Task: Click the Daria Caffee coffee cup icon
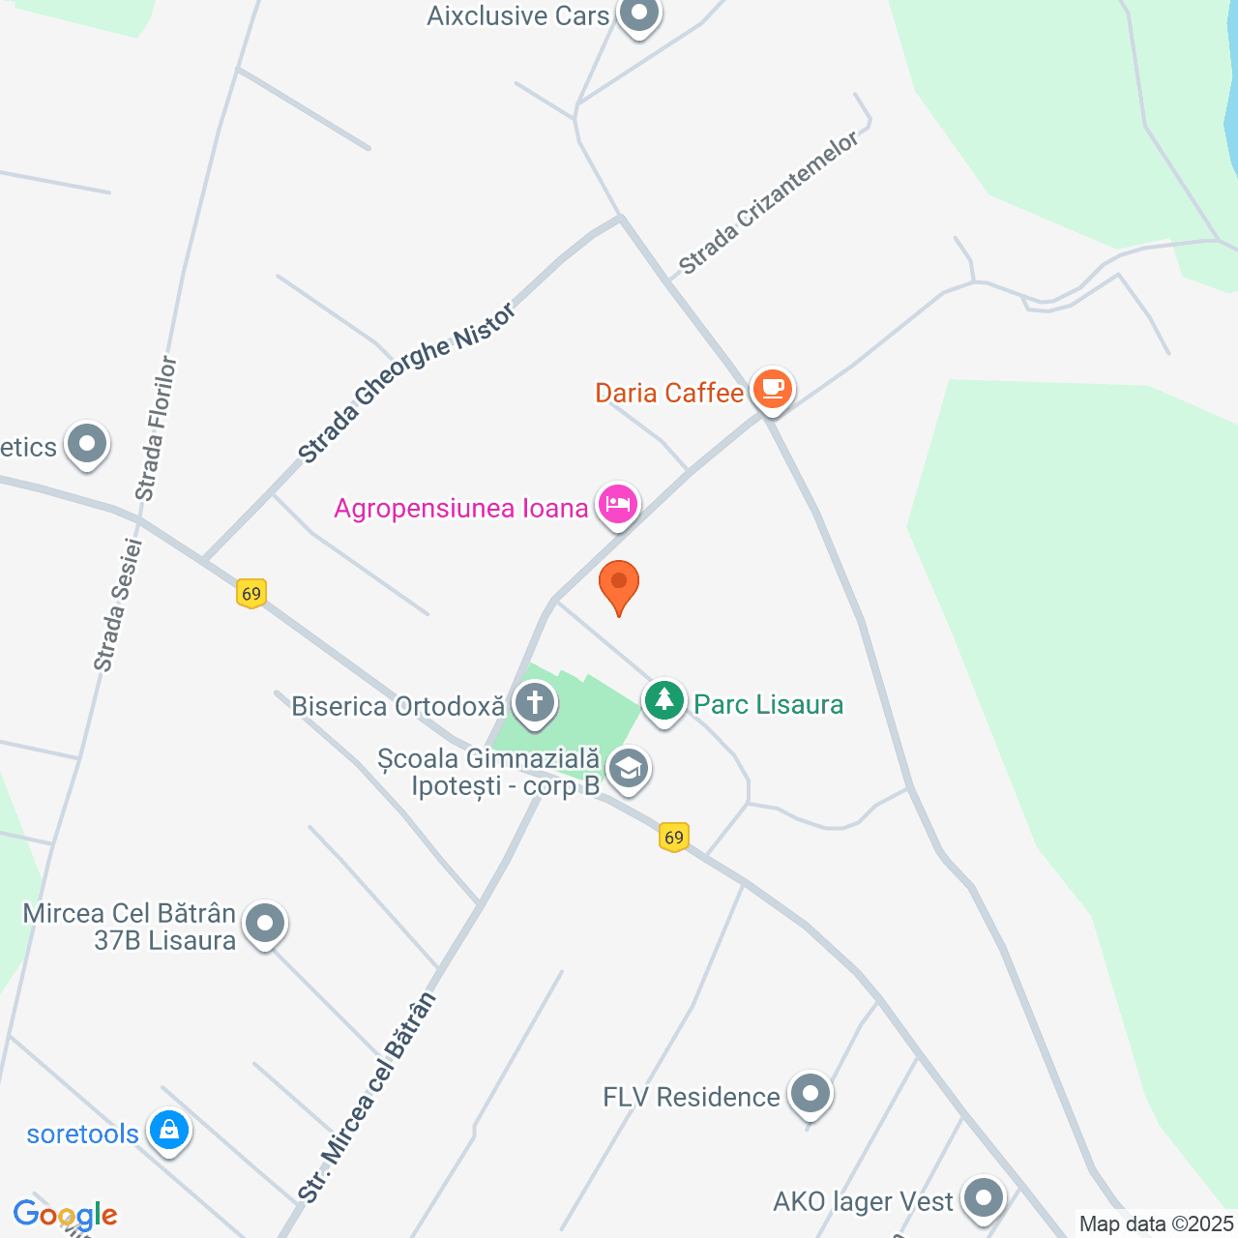(772, 389)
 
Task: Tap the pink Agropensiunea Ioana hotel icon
(618, 504)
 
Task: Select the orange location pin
(619, 584)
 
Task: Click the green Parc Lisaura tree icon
(664, 700)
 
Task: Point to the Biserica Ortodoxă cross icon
(534, 703)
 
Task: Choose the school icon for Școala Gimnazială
(629, 771)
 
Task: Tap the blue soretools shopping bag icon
(169, 1130)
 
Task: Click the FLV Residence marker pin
(810, 1094)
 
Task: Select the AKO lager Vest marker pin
(984, 1197)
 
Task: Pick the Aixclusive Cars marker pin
(638, 15)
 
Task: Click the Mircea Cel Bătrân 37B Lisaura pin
(265, 924)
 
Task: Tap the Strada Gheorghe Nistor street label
(406, 383)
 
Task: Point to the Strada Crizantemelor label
(769, 203)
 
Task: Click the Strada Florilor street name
(157, 428)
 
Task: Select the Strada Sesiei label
(118, 605)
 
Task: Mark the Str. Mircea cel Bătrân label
(368, 1098)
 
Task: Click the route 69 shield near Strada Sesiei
(251, 593)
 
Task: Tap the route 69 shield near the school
(674, 837)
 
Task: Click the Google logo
(66, 1215)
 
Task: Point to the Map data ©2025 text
(1157, 1224)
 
